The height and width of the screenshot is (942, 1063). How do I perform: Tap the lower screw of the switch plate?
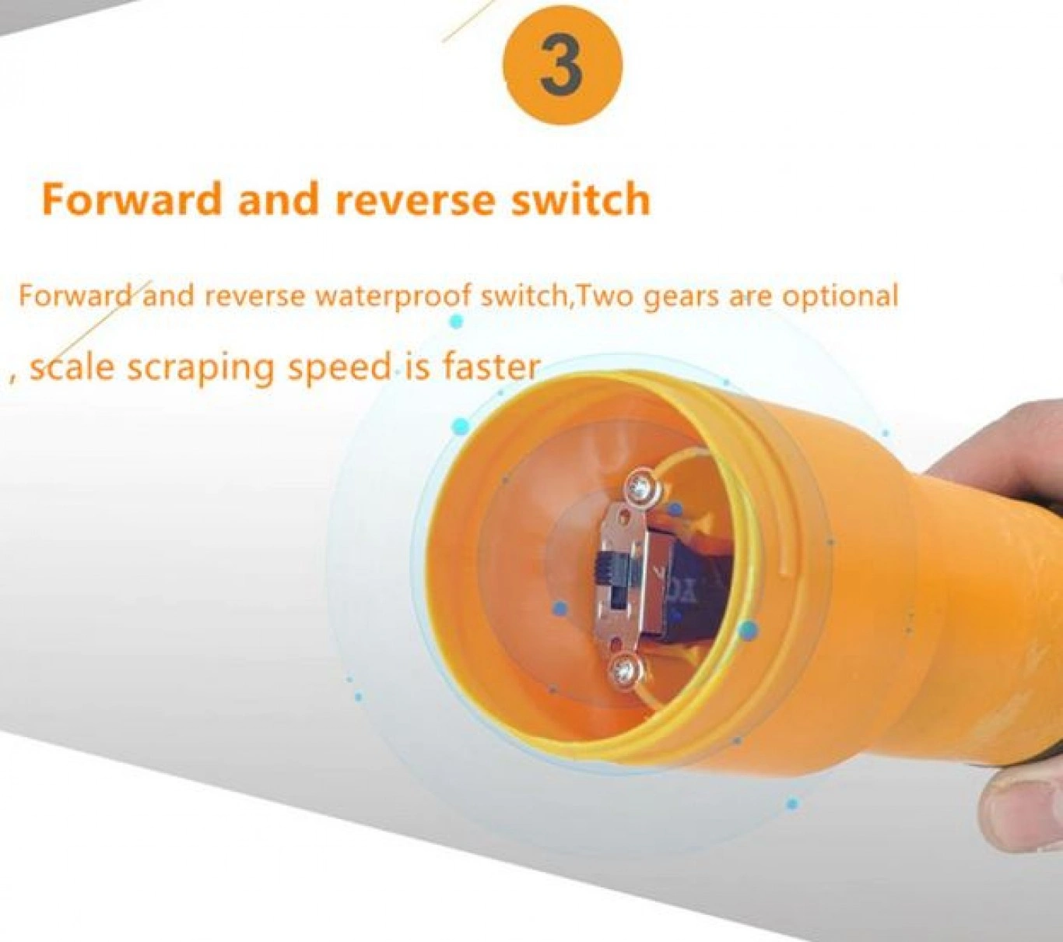626,670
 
